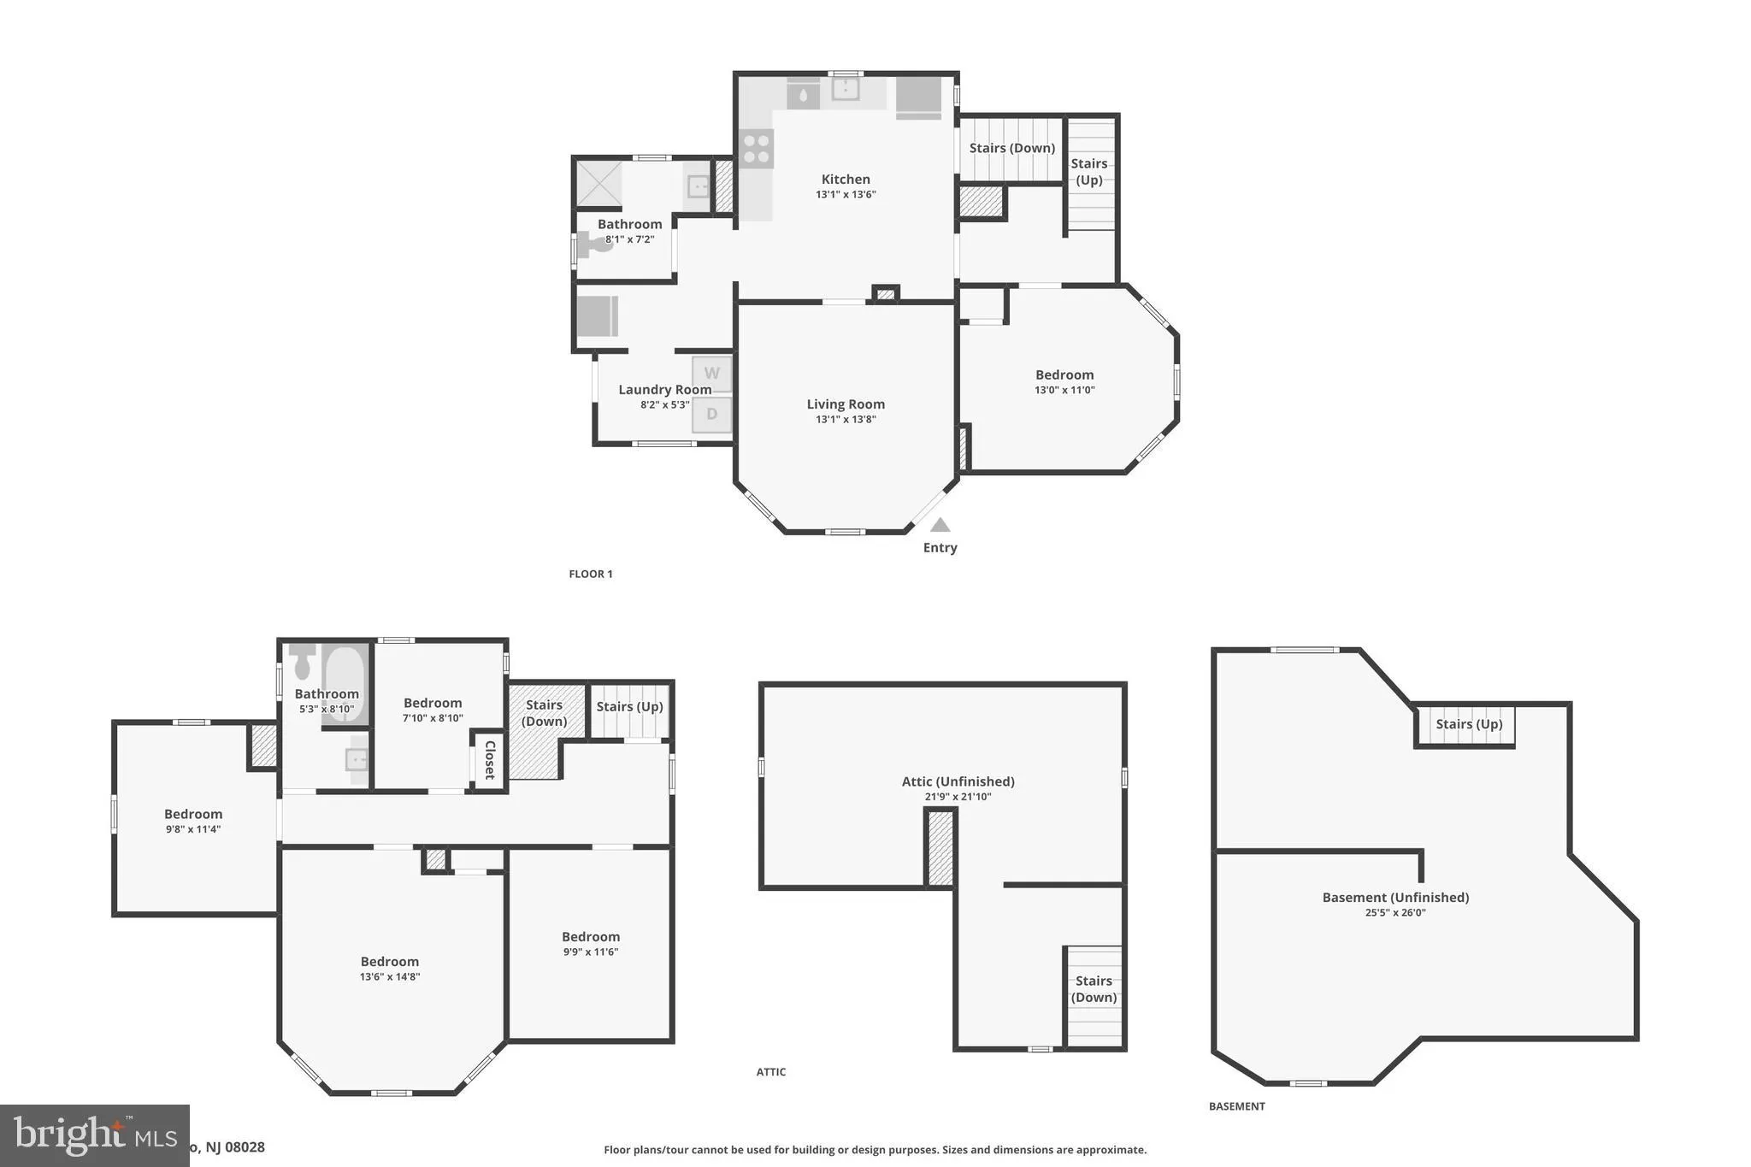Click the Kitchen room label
tap(846, 180)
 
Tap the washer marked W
tap(711, 374)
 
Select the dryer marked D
tap(711, 415)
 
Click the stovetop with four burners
tap(757, 149)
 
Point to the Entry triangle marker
tap(940, 525)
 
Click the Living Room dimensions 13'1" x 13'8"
tap(846, 420)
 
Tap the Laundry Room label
tap(664, 390)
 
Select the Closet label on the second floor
tap(490, 760)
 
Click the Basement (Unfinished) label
tap(1395, 898)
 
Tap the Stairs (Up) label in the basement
tap(1468, 725)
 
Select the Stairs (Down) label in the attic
tap(1094, 989)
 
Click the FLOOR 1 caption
tap(591, 575)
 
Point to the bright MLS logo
tap(94, 1135)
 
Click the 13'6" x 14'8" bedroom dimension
tap(390, 977)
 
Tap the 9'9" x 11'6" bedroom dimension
tap(591, 952)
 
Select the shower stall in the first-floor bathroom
tap(598, 183)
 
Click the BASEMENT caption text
tap(1236, 1106)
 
